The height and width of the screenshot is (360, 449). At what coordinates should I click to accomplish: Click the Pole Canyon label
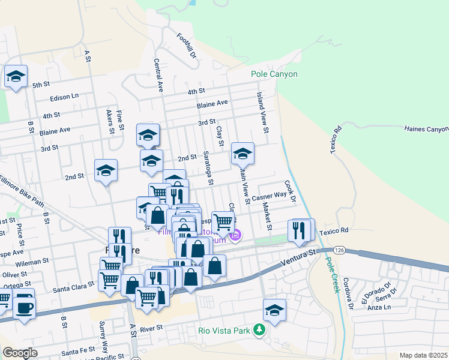coord(274,74)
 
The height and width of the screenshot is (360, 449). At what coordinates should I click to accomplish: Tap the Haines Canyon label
coord(426,129)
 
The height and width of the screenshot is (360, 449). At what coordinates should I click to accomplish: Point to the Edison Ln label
coord(64,96)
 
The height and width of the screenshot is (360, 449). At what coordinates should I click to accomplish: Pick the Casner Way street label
coord(269,196)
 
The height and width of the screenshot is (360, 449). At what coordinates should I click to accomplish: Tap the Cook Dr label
coord(290,191)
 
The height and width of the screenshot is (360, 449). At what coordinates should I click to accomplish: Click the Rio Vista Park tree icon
coord(259,330)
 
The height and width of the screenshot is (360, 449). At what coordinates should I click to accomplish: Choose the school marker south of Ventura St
coord(274,310)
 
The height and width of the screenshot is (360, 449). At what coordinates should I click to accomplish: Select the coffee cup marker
coord(24,308)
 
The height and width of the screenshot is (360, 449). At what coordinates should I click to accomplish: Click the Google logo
coord(20,353)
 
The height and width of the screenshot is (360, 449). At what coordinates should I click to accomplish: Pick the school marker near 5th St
coord(16,77)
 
